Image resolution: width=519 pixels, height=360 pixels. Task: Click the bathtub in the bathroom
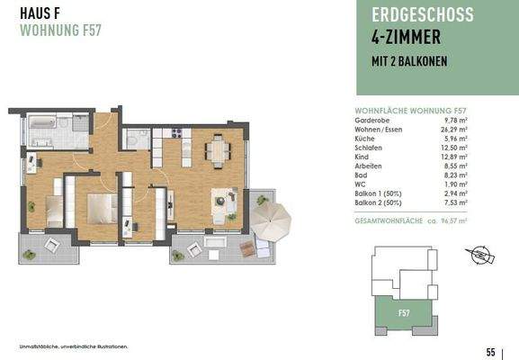[x=43, y=120]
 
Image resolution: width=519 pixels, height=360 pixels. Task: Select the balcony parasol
[x=272, y=220]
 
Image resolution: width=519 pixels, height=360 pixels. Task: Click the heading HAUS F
[x=39, y=13]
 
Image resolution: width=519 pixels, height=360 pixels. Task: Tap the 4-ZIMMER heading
[x=407, y=38]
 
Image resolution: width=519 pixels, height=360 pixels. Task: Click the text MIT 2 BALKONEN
[x=410, y=61]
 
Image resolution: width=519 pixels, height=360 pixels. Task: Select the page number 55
[x=491, y=351]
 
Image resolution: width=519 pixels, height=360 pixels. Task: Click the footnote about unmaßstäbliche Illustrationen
[x=73, y=346]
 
